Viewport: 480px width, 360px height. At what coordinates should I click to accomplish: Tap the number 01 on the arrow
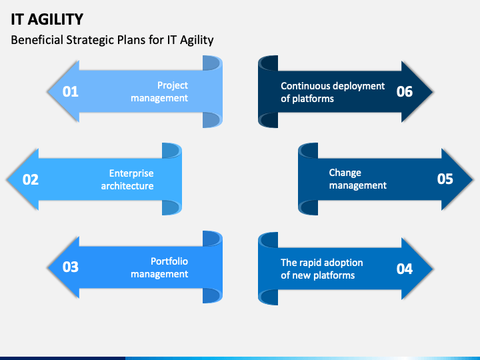(71, 92)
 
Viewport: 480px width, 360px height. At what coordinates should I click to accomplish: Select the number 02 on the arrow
(31, 179)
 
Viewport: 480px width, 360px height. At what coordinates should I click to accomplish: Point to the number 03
(71, 267)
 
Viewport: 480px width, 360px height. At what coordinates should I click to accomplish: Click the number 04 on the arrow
(405, 269)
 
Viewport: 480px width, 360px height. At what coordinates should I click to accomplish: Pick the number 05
(445, 179)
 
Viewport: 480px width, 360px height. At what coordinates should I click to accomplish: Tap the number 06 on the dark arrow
(405, 92)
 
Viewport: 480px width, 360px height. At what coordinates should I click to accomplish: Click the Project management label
(159, 92)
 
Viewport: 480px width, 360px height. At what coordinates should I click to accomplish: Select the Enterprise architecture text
(127, 180)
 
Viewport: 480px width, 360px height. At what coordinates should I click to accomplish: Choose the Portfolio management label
(159, 268)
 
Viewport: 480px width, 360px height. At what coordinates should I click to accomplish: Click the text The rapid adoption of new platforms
(321, 269)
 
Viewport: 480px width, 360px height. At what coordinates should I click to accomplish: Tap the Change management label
(357, 179)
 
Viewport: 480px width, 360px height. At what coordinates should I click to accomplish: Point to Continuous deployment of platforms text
(333, 92)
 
